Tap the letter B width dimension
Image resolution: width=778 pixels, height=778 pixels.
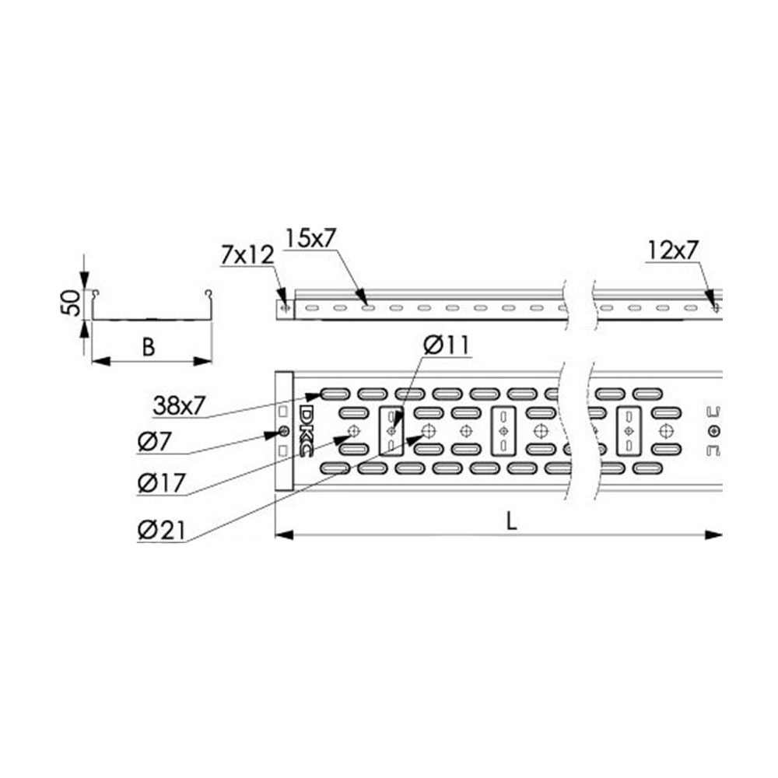coord(149,347)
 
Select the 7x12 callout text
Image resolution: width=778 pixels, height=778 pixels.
coord(247,255)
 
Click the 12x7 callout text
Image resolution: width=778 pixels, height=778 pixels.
coord(673,251)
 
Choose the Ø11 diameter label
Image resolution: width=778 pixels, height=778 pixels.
coord(447,346)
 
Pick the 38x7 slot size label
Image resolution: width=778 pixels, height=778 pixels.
coord(179,406)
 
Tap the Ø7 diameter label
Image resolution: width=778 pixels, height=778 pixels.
coord(154,442)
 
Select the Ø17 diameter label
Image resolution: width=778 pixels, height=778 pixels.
coord(162,482)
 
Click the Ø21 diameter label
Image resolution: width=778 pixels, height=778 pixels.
coord(162,531)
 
